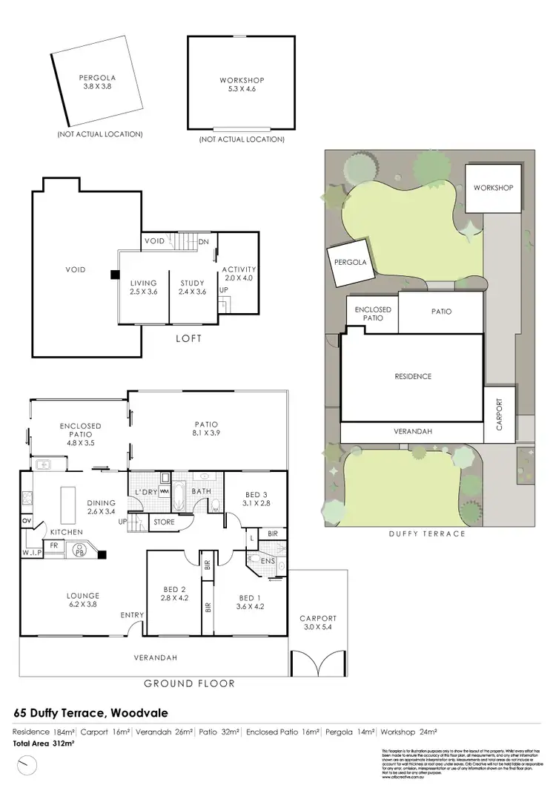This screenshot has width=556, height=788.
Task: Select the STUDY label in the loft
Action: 192,287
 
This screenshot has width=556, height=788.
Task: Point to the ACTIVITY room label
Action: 239,274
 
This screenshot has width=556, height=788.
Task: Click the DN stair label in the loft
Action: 205,241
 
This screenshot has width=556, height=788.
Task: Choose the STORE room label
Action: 164,522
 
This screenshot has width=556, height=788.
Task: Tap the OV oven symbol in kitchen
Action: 27,522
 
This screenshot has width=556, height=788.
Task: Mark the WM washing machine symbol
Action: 165,491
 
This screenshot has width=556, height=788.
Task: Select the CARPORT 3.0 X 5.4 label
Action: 318,623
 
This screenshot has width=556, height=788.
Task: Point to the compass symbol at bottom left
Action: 27,764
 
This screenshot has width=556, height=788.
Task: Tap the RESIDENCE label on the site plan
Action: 412,376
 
